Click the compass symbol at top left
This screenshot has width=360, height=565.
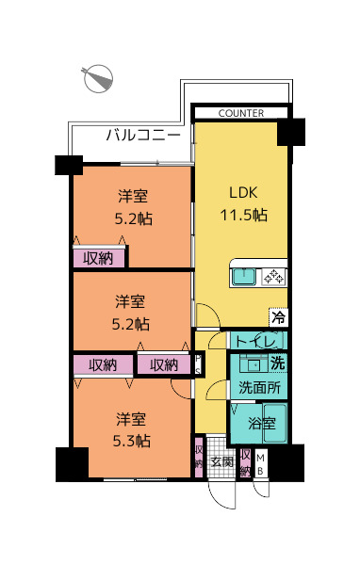point(97,78)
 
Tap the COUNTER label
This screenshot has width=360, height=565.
point(241,113)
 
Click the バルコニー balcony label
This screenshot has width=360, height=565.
point(143,135)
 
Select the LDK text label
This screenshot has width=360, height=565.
point(243,192)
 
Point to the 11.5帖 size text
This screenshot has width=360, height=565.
point(243,215)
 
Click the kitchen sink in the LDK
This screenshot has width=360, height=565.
point(244,277)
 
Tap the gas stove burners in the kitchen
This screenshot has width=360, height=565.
point(273,277)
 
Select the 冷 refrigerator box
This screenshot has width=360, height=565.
point(278,317)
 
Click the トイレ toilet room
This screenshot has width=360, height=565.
point(258,341)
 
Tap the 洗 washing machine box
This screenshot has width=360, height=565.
point(278,363)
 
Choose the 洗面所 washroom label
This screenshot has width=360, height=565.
point(259,387)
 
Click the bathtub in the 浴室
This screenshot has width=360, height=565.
point(275,424)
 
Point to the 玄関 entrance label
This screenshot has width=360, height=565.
point(221,461)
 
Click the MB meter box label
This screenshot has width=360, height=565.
point(260,464)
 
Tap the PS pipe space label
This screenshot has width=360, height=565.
point(198,365)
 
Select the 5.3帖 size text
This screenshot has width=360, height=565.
point(132,441)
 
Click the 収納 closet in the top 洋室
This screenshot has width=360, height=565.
point(99,258)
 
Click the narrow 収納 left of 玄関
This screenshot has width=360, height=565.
point(199,457)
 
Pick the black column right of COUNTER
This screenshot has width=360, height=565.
point(291,132)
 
